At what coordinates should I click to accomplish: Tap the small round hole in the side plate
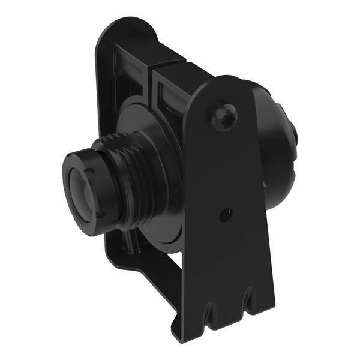[226, 212]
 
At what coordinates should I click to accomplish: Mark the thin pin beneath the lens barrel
[130, 241]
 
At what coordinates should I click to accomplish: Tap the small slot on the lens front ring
[90, 175]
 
